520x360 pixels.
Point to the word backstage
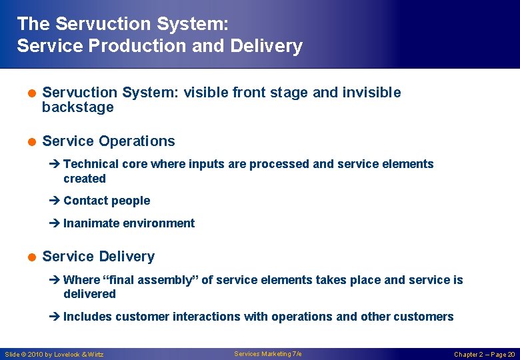(x=77, y=107)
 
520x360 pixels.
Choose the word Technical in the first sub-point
(x=91, y=164)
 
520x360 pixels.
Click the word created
(x=85, y=179)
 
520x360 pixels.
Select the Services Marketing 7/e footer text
(x=267, y=354)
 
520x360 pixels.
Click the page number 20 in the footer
(x=511, y=355)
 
